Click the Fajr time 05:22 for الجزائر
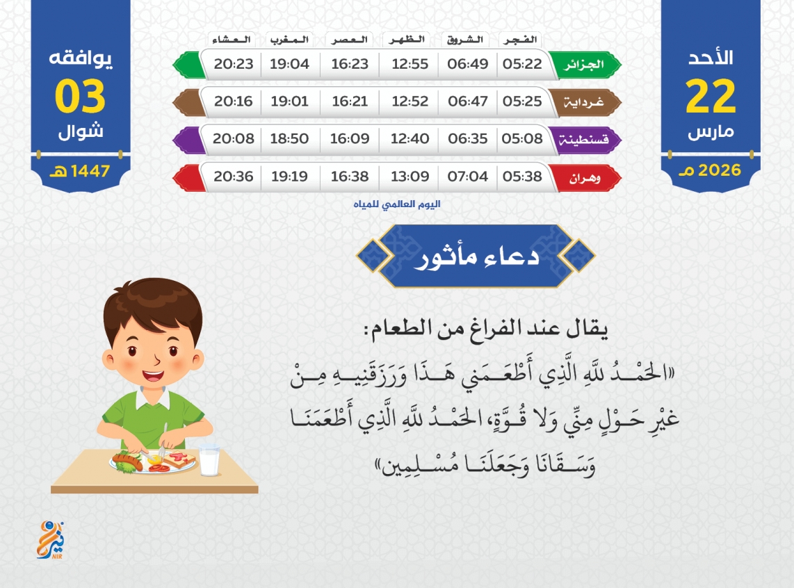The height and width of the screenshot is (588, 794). point(522,64)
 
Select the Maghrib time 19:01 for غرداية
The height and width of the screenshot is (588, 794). point(289,101)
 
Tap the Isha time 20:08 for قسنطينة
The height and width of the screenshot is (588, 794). point(233,138)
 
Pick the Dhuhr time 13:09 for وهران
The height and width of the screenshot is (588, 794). point(410,177)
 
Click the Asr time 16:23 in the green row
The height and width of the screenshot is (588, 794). point(350,64)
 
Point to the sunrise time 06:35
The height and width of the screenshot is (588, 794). point(467,138)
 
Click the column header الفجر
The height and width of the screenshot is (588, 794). point(520,40)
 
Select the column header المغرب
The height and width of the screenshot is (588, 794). point(289,40)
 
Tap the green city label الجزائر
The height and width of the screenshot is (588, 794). point(584,65)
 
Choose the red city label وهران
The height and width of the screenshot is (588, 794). point(585,178)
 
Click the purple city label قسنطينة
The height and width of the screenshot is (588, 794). point(583,139)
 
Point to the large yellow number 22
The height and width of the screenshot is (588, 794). point(711,96)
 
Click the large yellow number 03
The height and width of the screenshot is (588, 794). point(80,96)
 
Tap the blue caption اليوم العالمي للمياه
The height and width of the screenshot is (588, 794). point(397,204)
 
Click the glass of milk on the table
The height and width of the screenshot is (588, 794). point(209,460)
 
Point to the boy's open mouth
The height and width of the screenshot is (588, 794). point(153,376)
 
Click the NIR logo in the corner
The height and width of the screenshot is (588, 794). point(51,540)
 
